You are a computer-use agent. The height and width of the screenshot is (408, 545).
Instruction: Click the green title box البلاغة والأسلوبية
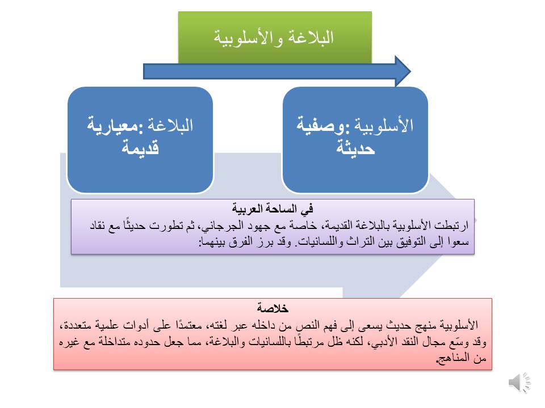pos(275,37)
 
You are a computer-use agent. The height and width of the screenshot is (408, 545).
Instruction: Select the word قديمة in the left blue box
pos(140,149)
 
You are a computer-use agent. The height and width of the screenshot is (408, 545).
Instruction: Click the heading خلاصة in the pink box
pos(272,309)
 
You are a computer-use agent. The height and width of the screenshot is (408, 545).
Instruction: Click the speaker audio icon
pos(519,383)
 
